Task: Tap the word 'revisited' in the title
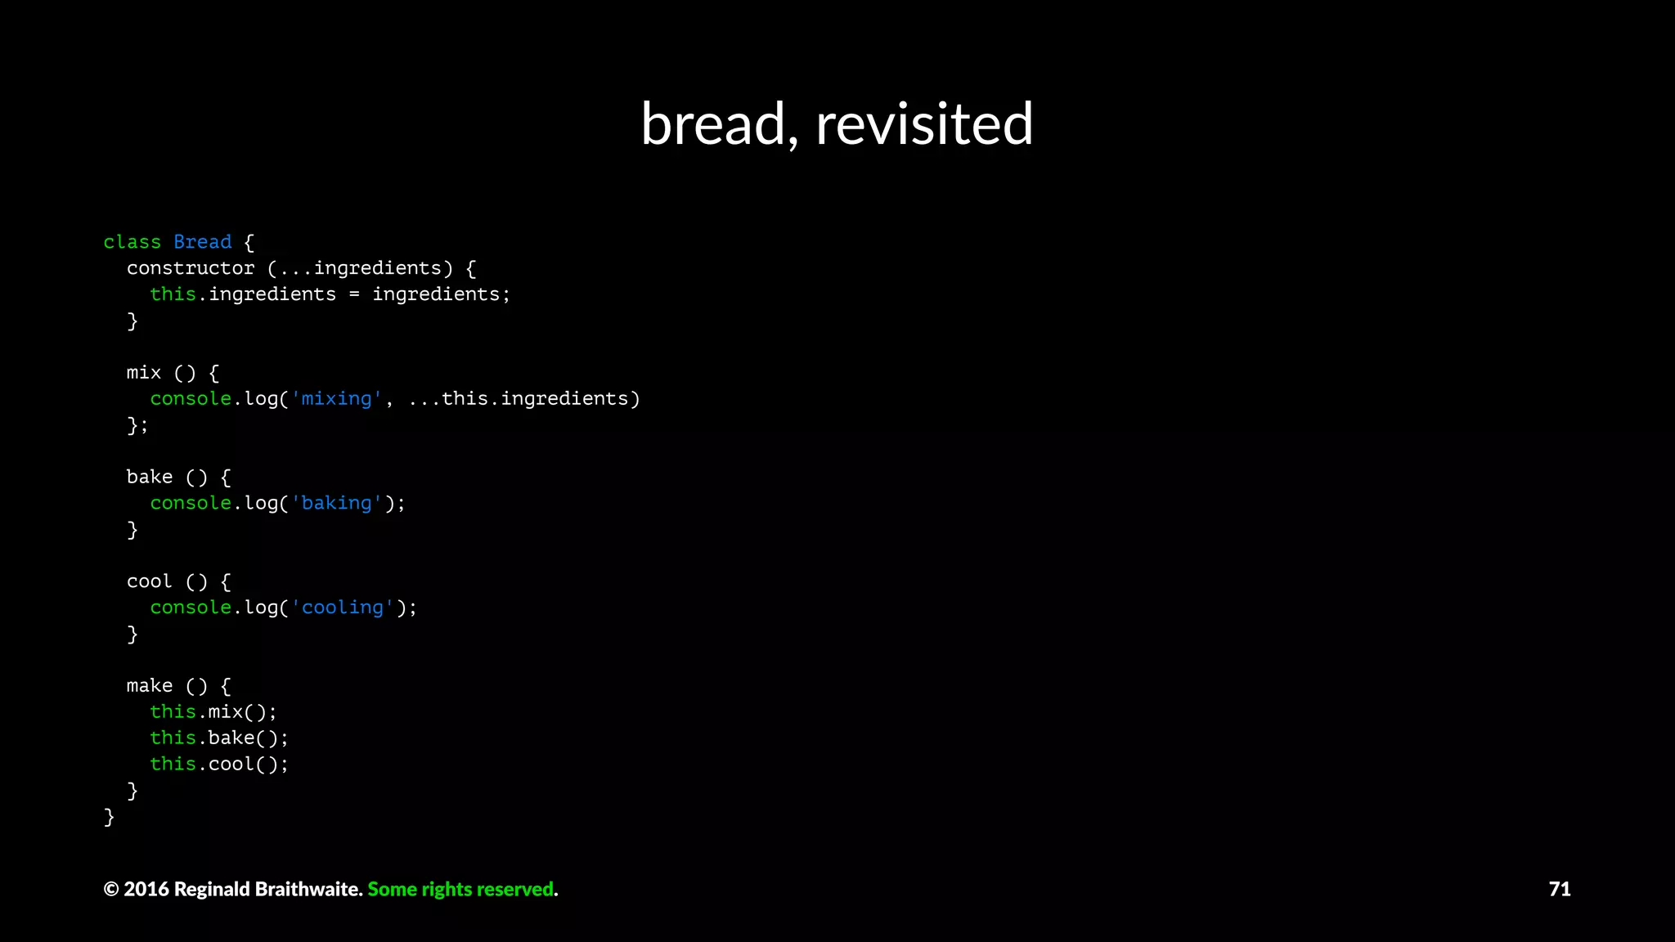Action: pyautogui.click(x=924, y=124)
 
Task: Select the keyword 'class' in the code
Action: pyautogui.click(x=132, y=242)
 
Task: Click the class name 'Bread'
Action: pyautogui.click(x=202, y=242)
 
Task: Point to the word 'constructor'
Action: pyautogui.click(x=191, y=268)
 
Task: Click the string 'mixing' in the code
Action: pyautogui.click(x=336, y=399)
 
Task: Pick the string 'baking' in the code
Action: pyautogui.click(x=336, y=503)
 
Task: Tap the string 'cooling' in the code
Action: pyautogui.click(x=342, y=608)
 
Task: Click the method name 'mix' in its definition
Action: pyautogui.click(x=144, y=373)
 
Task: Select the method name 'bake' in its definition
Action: pyautogui.click(x=150, y=478)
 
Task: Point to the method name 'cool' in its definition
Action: pyautogui.click(x=150, y=581)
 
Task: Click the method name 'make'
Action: pyautogui.click(x=150, y=686)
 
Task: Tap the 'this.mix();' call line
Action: pyautogui.click(x=213, y=712)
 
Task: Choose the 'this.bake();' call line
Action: pyautogui.click(x=219, y=738)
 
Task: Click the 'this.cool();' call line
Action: pyautogui.click(x=219, y=765)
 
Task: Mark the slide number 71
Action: pyautogui.click(x=1559, y=889)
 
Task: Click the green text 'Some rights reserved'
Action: pyautogui.click(x=461, y=889)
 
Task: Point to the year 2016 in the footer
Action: pyautogui.click(x=146, y=889)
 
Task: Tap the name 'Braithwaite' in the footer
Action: pyautogui.click(x=310, y=889)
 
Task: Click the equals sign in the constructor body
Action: pyautogui.click(x=354, y=294)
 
